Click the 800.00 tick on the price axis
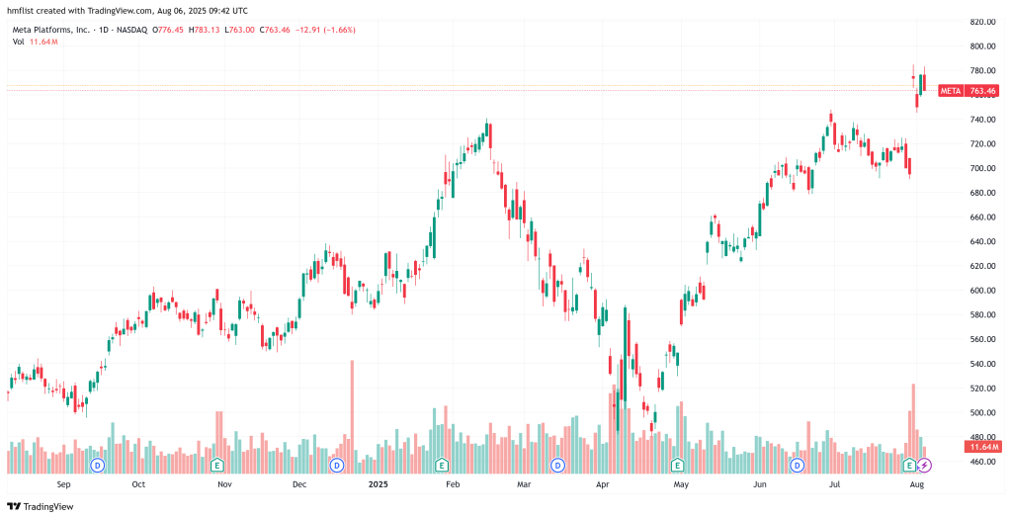[981, 45]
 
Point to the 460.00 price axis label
[981, 462]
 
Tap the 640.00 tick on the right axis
[981, 241]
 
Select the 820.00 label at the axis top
[981, 21]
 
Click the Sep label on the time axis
[64, 485]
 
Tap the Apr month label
[603, 485]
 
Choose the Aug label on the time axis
[916, 485]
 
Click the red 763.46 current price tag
[982, 91]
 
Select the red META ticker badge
[950, 91]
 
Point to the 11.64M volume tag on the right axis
[982, 447]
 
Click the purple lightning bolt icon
[924, 465]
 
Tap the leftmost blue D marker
[98, 465]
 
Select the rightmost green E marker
[909, 465]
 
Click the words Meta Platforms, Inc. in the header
[50, 30]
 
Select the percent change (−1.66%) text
[337, 30]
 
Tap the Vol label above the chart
[19, 41]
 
